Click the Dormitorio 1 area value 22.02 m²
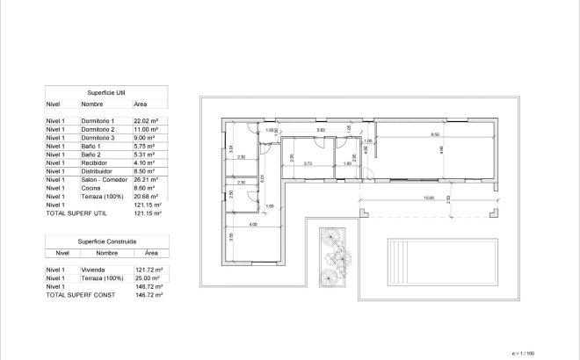pyautogui.click(x=145, y=120)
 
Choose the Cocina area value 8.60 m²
pyautogui.click(x=145, y=187)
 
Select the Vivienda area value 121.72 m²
pyautogui.click(x=148, y=270)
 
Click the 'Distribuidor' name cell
pyautogui.click(x=96, y=170)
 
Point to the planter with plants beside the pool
pyautogui.click(x=332, y=256)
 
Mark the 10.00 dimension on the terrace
pyautogui.click(x=428, y=198)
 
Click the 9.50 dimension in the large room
pyautogui.click(x=434, y=134)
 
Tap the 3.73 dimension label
pyautogui.click(x=308, y=163)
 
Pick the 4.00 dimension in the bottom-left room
pyautogui.click(x=252, y=226)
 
